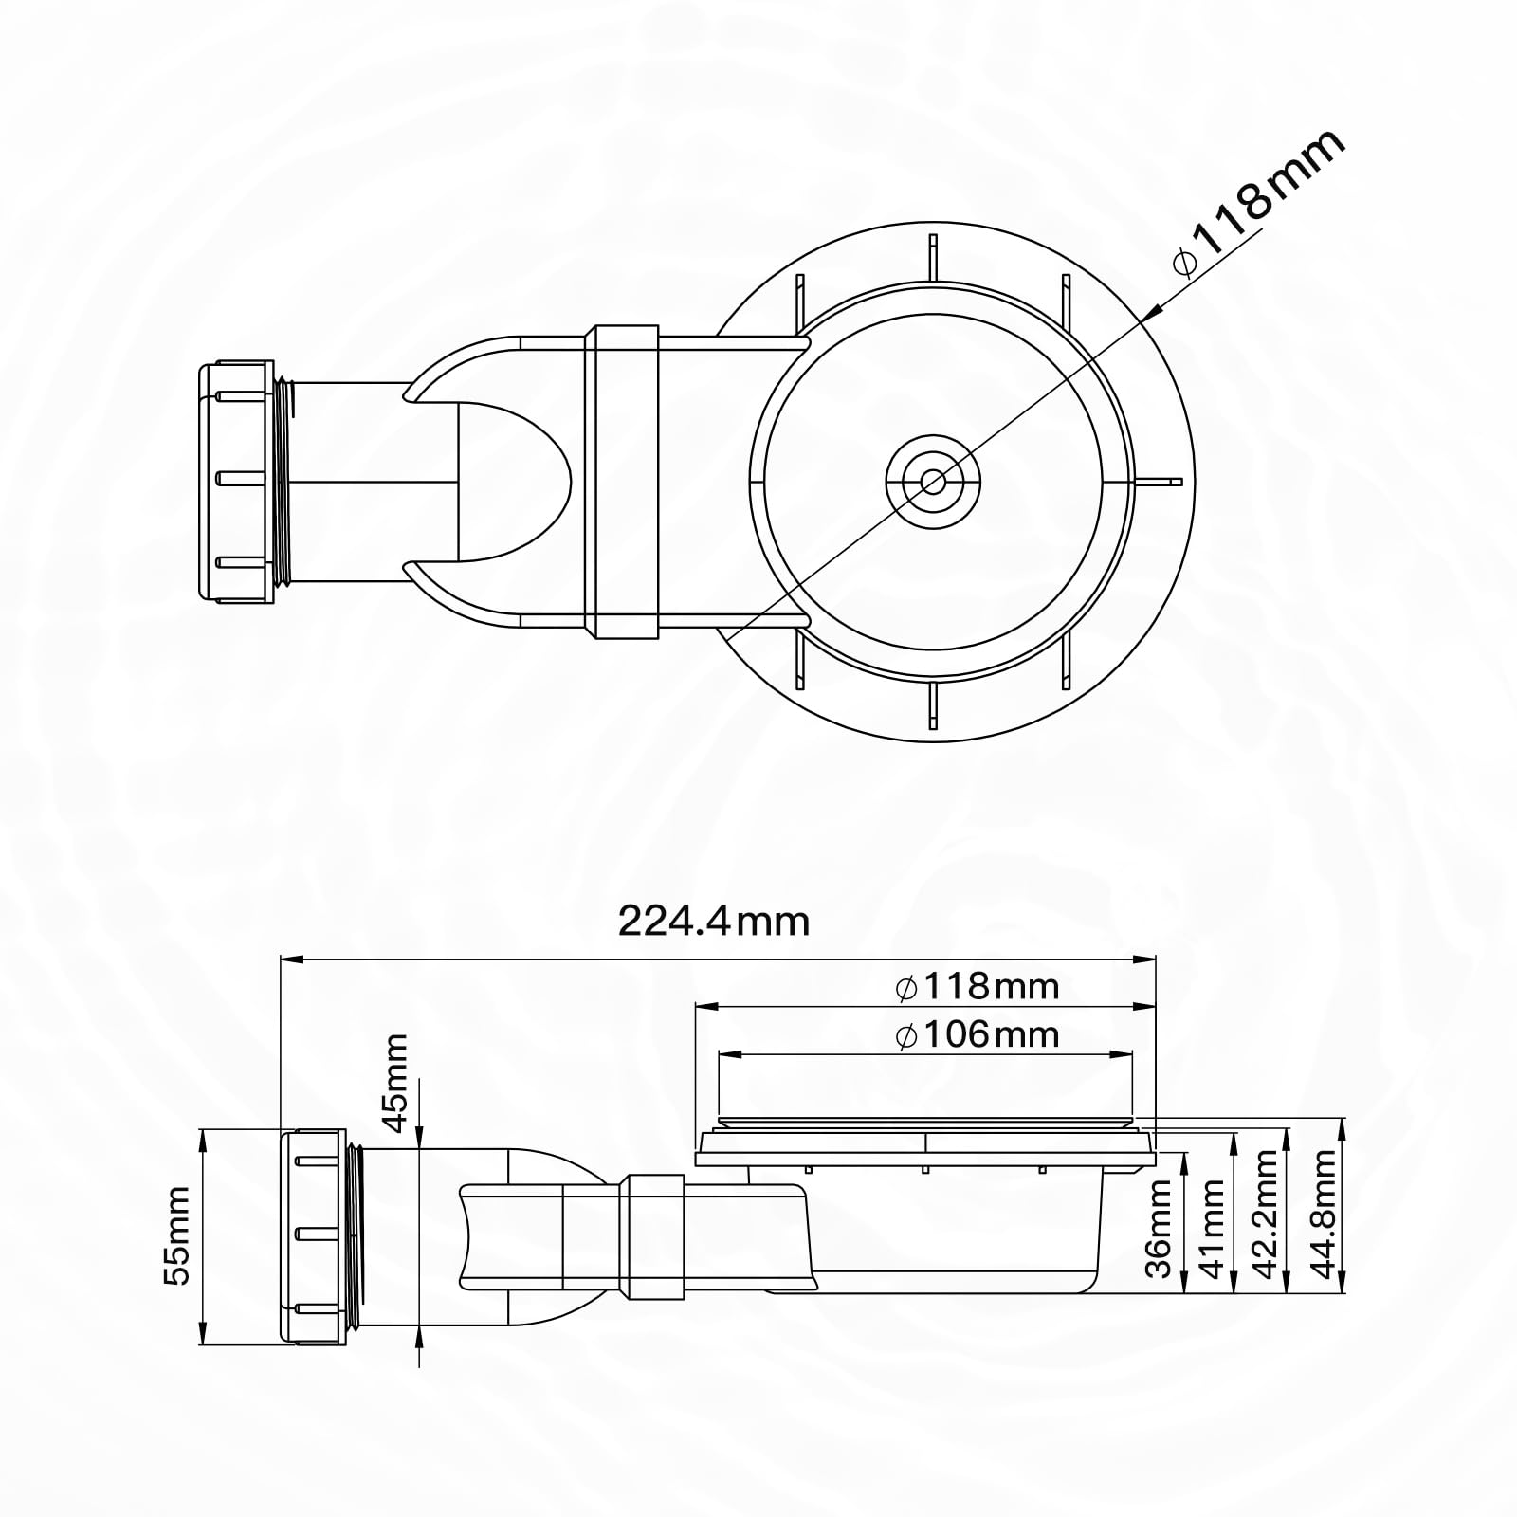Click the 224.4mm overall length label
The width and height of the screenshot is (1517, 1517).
coord(714,921)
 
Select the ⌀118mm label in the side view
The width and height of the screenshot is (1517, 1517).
coord(977,987)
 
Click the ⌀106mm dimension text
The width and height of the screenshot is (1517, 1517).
coord(977,1034)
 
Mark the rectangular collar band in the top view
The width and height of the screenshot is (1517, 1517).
coord(622,482)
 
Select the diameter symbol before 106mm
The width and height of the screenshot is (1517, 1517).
coord(906,1035)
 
